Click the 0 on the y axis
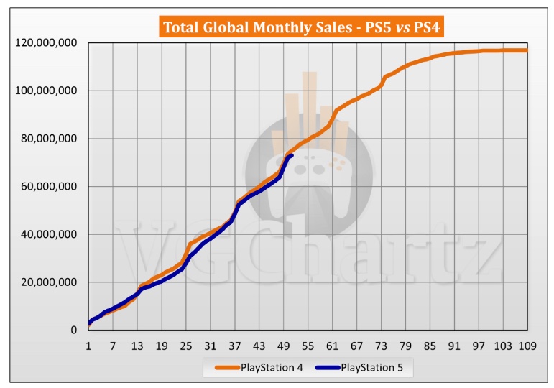[74, 331]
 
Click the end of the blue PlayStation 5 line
[291, 155]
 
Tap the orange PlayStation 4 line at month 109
[527, 50]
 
